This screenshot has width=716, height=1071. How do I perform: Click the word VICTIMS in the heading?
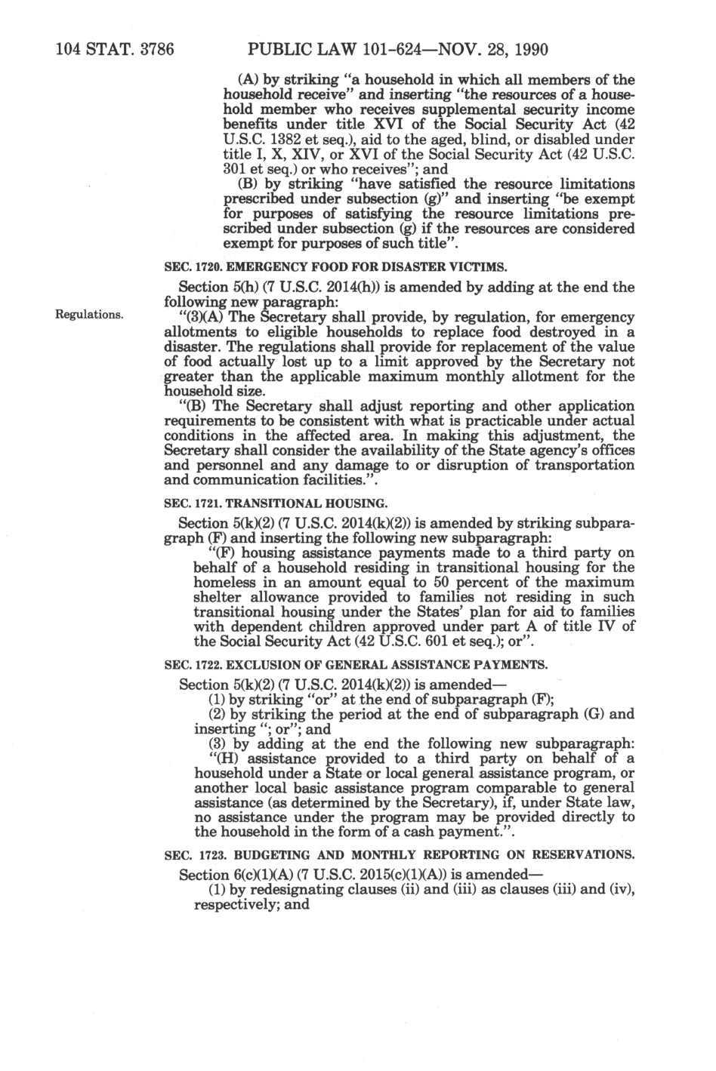click(x=481, y=267)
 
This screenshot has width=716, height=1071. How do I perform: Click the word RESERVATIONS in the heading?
click(x=588, y=855)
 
